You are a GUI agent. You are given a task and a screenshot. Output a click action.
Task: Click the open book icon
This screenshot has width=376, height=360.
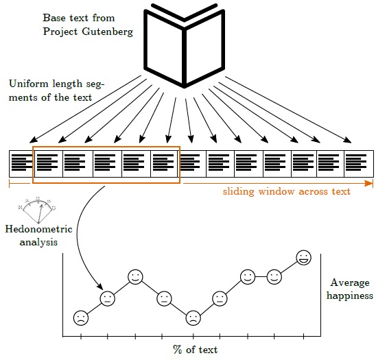(x=184, y=45)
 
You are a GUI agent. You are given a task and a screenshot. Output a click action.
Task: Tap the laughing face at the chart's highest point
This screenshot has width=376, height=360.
(x=304, y=258)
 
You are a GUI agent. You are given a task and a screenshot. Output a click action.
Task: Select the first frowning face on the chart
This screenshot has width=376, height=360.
(x=81, y=317)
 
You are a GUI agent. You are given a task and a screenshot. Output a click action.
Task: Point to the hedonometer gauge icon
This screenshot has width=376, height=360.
(x=38, y=210)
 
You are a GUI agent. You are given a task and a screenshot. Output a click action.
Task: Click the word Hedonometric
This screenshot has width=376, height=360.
(x=38, y=229)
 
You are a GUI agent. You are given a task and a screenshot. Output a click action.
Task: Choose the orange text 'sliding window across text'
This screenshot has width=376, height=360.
(x=287, y=191)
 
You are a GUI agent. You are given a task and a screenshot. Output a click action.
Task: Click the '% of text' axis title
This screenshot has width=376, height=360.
(x=195, y=350)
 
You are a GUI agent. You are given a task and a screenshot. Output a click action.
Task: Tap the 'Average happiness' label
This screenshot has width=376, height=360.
(x=350, y=289)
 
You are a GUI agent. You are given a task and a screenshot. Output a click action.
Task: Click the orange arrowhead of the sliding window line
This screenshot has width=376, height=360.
(x=368, y=184)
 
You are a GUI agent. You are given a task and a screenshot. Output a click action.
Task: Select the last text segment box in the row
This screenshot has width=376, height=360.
(x=359, y=164)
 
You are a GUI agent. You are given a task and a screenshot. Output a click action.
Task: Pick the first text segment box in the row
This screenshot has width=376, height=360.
(x=21, y=164)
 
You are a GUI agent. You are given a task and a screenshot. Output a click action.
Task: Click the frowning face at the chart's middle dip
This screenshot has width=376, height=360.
(x=193, y=317)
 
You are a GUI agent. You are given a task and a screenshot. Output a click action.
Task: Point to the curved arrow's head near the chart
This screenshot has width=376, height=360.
(x=100, y=287)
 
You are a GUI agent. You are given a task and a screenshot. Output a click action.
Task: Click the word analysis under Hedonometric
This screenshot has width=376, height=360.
(x=38, y=242)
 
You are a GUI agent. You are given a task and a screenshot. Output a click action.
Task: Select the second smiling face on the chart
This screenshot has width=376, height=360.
(x=248, y=277)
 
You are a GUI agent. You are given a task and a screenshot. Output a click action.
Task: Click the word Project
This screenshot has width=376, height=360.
(x=60, y=32)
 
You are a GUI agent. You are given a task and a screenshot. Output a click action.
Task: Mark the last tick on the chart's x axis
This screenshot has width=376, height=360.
(x=303, y=336)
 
